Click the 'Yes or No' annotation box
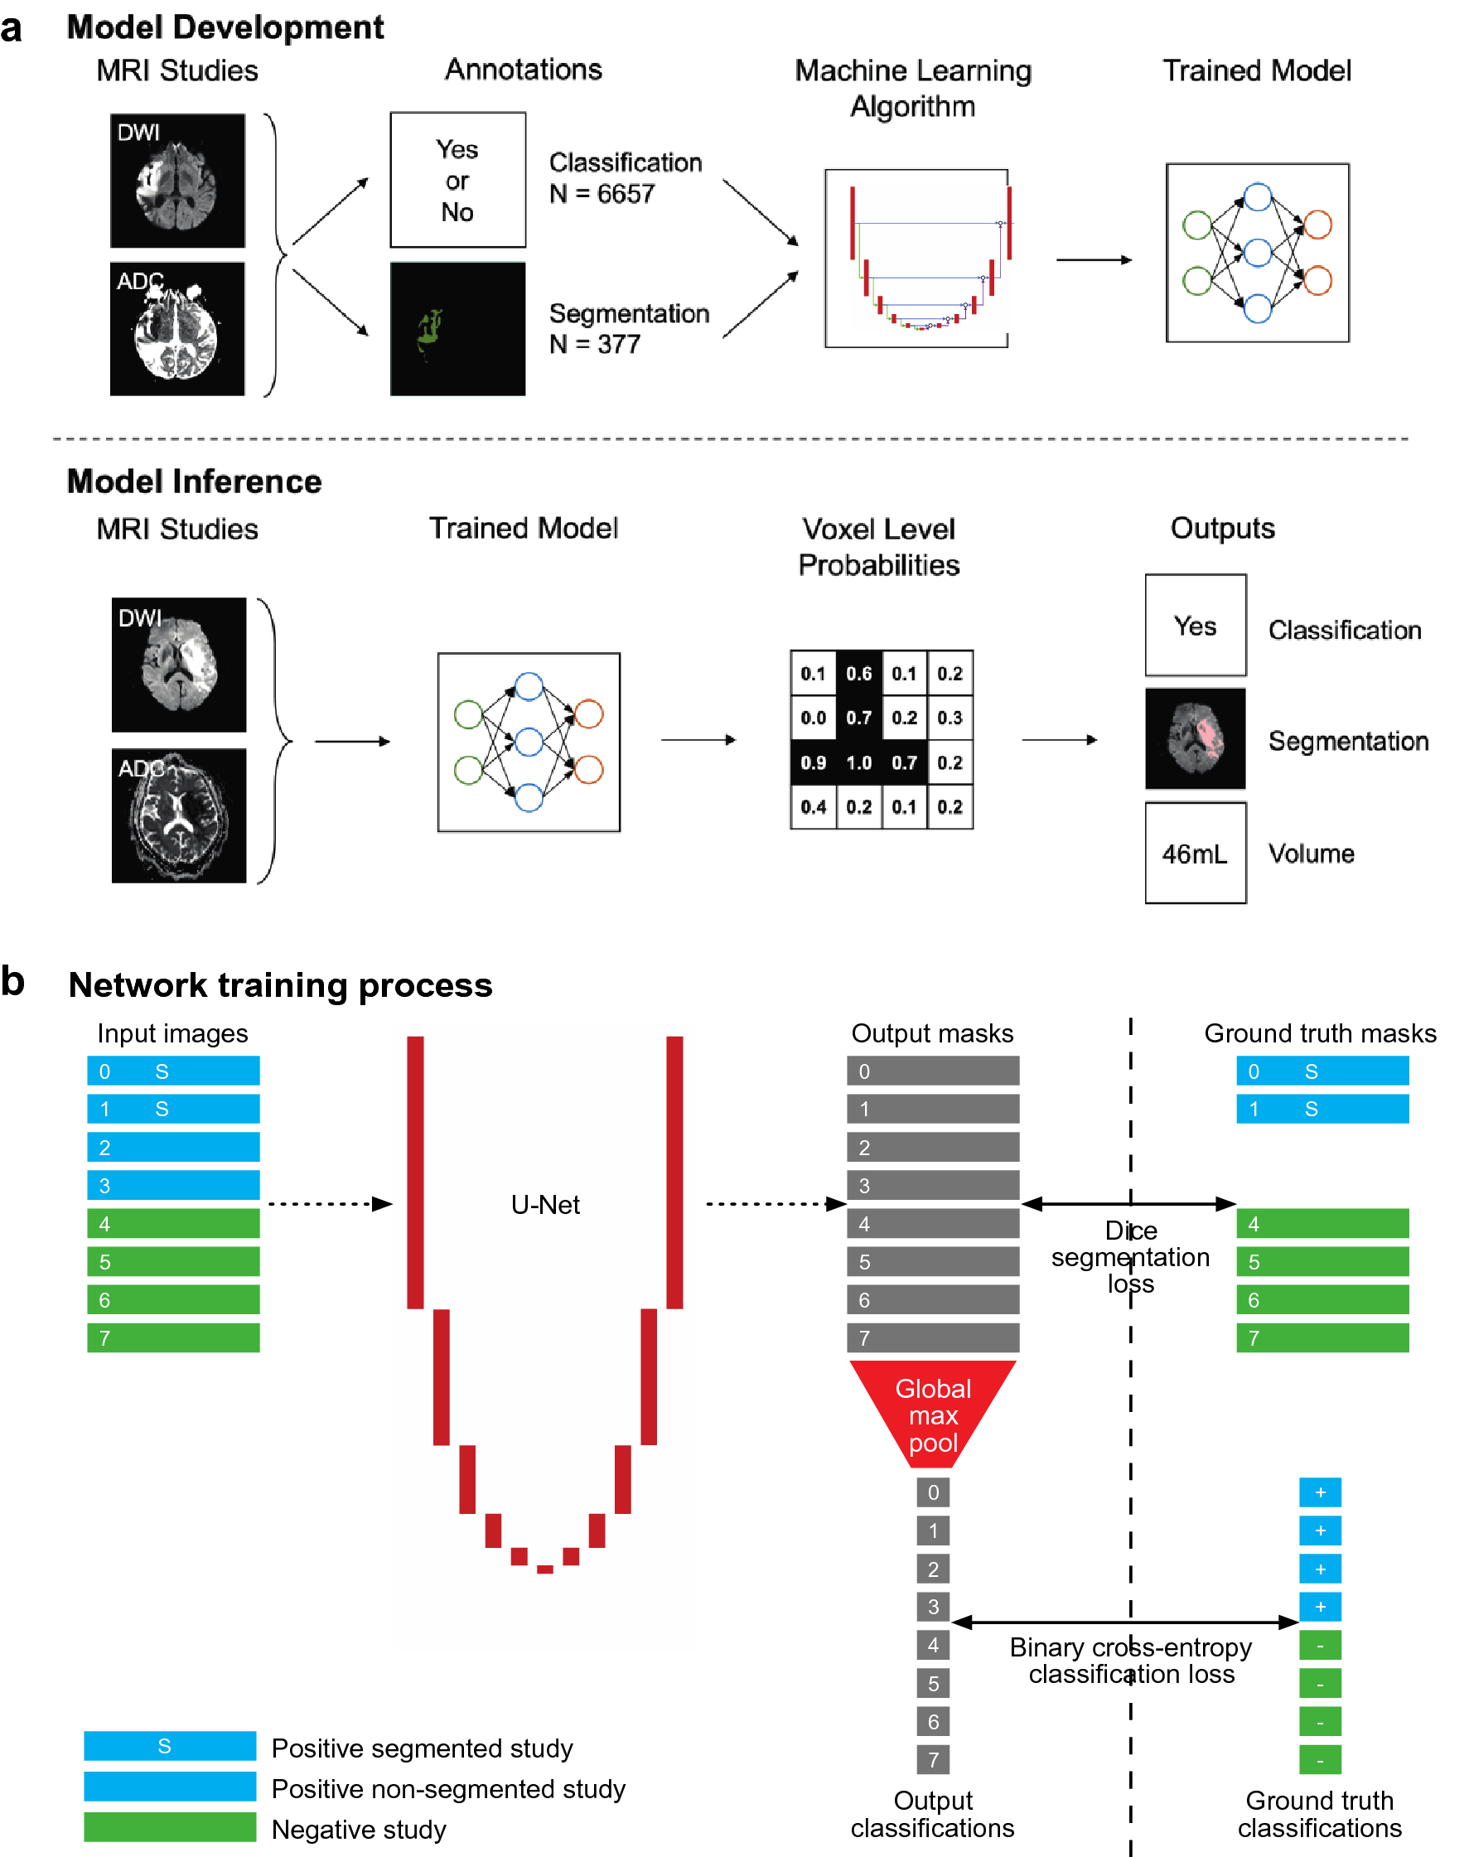[457, 180]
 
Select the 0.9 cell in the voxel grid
[812, 762]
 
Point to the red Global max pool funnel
[932, 1410]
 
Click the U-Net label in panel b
[544, 1203]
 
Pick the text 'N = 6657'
[602, 194]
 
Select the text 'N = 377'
[594, 344]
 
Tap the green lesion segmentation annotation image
[457, 329]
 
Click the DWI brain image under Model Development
[177, 181]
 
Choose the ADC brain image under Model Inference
[178, 815]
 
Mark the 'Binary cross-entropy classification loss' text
[1129, 1659]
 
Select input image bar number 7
[173, 1337]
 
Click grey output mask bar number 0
[932, 1070]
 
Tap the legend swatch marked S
[169, 1745]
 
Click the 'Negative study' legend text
[359, 1829]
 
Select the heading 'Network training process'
[279, 984]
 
